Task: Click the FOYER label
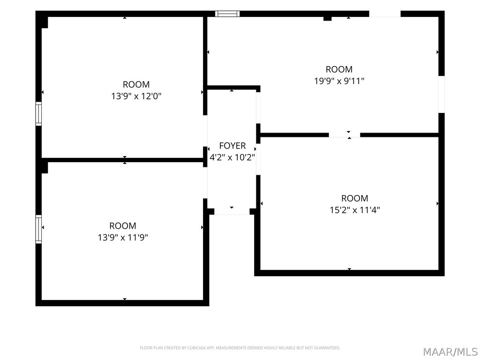coord(232,146)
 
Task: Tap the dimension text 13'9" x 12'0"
coord(136,96)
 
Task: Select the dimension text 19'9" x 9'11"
coord(339,81)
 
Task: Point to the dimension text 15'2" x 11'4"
coord(355,210)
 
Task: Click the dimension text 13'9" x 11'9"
coord(123,238)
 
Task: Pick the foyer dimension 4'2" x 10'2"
coord(232,157)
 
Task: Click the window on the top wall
coord(227,14)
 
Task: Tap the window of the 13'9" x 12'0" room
coord(38,114)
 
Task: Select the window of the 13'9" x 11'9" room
coord(38,229)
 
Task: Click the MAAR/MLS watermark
coord(450,352)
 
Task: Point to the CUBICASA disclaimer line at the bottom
coord(240,348)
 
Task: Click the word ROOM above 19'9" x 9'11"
coord(339,69)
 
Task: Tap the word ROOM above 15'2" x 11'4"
coord(355,198)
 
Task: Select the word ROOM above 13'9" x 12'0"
coord(136,84)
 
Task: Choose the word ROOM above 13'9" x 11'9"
coord(123,226)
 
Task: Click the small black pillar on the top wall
coord(328,19)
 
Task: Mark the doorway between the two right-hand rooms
coord(345,135)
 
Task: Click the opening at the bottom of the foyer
coord(232,211)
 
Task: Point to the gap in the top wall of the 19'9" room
coord(385,14)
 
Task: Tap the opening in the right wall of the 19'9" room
coord(442,94)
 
